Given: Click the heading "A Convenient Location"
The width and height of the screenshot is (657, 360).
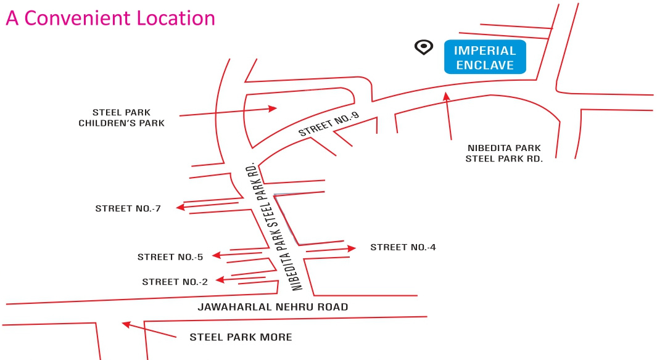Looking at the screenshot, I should coord(110,18).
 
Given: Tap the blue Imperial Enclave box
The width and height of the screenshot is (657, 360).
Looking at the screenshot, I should coord(486,57).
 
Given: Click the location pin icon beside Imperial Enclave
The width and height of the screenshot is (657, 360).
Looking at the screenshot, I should coord(424,47).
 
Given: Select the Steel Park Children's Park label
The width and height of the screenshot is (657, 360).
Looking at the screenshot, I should coord(122,118).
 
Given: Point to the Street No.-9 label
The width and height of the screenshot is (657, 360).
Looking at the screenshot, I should coord(329,125).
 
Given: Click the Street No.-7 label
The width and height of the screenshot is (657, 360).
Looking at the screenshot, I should coord(128,208).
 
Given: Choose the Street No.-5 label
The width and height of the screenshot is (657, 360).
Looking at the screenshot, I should coord(170,257).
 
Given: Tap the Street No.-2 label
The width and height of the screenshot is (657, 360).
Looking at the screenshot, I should coord(175,282).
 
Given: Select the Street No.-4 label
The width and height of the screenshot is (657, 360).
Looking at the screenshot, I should coord(403,247).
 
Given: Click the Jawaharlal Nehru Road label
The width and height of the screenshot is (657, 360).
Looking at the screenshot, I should coord(273,307).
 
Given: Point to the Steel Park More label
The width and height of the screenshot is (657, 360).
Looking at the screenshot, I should coord(241,337).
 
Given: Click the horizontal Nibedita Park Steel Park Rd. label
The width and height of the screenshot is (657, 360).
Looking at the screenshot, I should coord(504,153).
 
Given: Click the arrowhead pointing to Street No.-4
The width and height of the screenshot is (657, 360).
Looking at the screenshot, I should coord(352,248).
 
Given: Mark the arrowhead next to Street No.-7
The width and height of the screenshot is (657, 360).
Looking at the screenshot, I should coord(181,208).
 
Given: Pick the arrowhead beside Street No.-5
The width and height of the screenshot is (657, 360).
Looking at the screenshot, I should coord(217,255).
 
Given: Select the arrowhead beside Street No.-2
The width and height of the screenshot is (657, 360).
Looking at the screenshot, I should coord(219,280).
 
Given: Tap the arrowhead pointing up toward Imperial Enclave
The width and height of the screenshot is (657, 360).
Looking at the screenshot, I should coord(446,95).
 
